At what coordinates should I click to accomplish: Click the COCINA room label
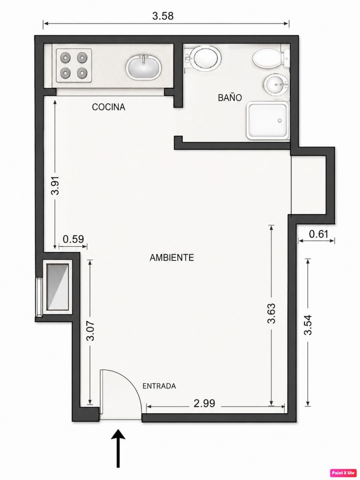click(109, 107)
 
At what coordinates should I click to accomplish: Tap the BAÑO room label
click(230, 97)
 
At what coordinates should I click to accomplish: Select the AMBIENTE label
click(172, 258)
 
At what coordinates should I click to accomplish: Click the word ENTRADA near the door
click(159, 386)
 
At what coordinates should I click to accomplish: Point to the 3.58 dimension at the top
click(163, 16)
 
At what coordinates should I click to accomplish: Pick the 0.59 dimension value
click(73, 239)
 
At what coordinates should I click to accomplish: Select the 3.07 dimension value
click(91, 331)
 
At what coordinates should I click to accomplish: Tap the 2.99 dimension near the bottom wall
click(204, 404)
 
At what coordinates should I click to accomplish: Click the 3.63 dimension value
click(272, 313)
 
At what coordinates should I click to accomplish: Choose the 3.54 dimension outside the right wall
click(308, 325)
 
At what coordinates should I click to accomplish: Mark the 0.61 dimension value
click(318, 234)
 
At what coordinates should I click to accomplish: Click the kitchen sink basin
click(144, 68)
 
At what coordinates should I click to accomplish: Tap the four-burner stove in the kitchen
click(74, 65)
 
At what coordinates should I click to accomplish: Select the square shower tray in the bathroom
click(268, 120)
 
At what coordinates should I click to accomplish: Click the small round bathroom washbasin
click(276, 84)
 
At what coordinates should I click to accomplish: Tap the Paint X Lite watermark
click(344, 472)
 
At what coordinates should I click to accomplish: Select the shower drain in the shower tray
click(280, 120)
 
